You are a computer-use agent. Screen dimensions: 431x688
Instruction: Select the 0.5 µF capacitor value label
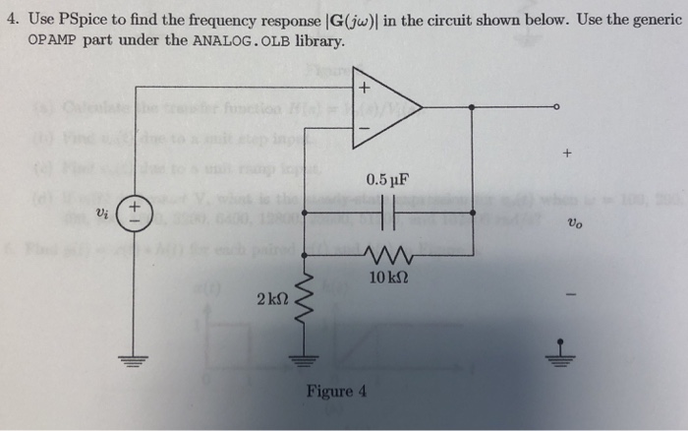pos(385,180)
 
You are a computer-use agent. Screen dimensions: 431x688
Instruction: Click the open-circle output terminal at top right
pos(556,106)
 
